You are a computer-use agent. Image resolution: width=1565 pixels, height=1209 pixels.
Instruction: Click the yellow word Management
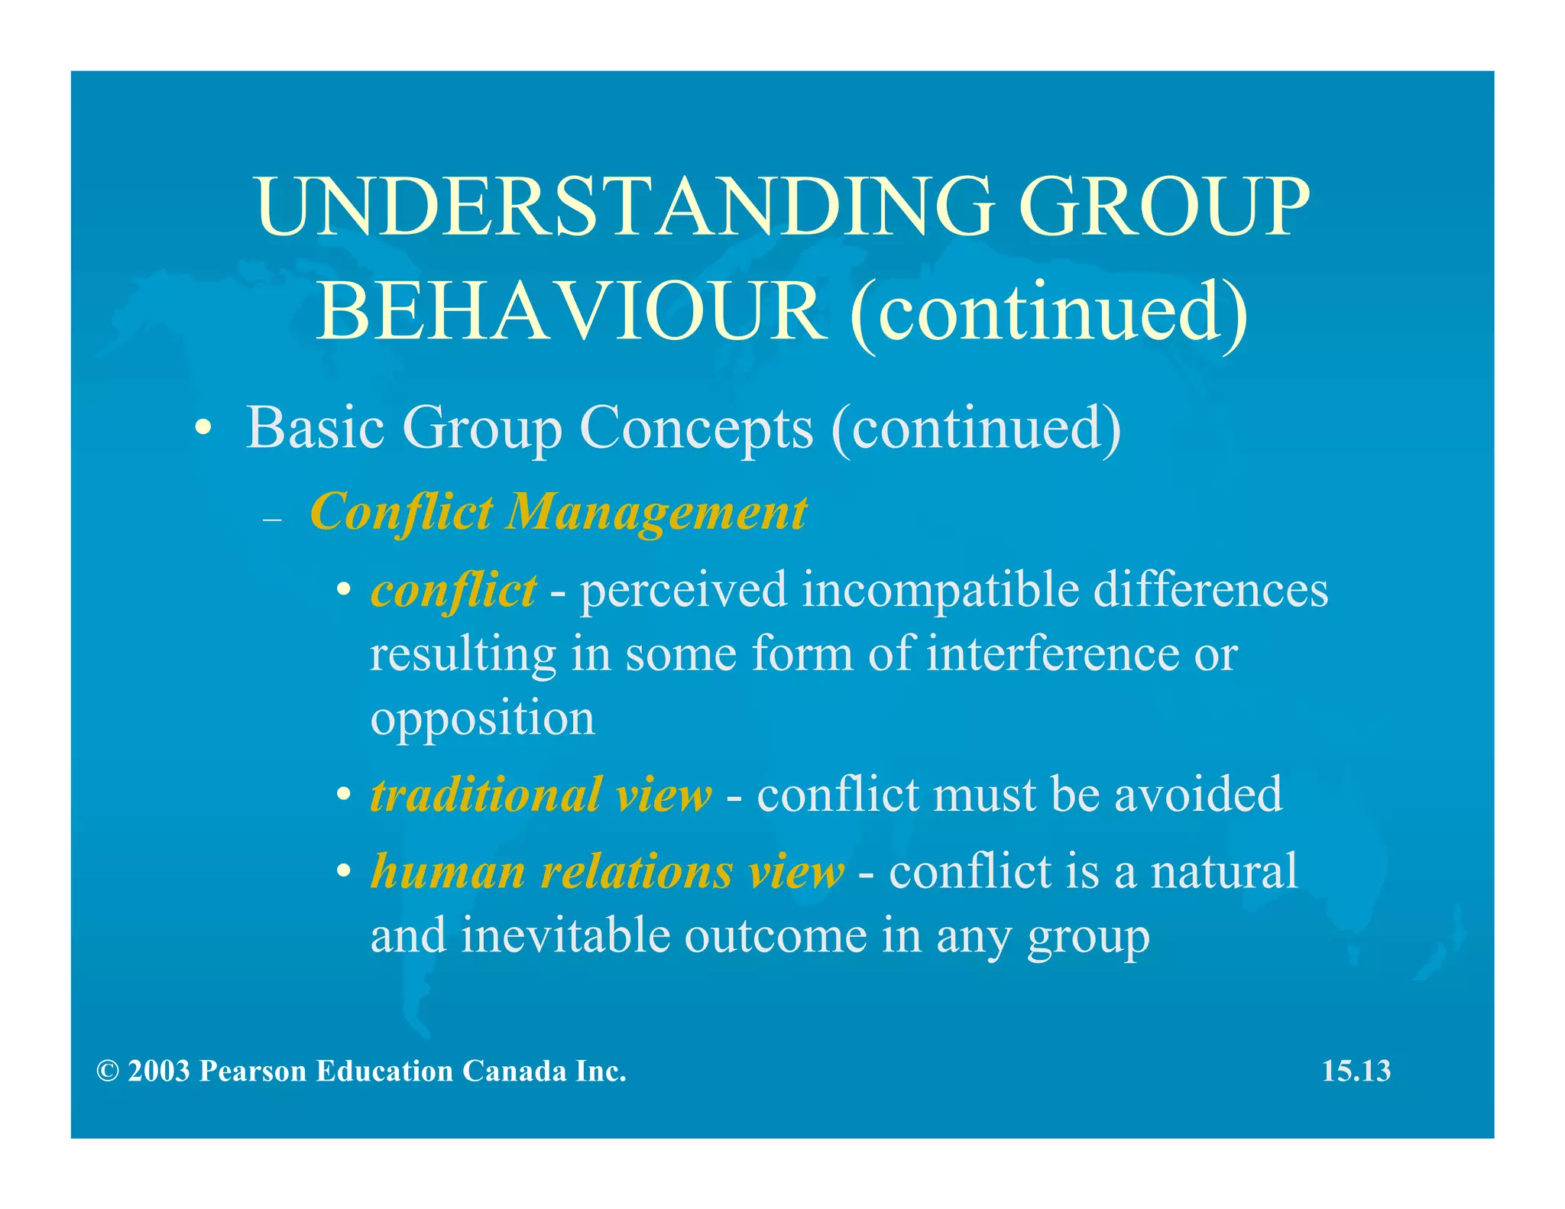pyautogui.click(x=656, y=512)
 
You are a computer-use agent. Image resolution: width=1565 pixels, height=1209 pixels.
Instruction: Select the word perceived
pyautogui.click(x=683, y=591)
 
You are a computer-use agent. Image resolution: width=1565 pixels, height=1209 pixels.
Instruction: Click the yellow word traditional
pyautogui.click(x=485, y=794)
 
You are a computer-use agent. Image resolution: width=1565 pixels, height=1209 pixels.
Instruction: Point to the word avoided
pyautogui.click(x=1197, y=794)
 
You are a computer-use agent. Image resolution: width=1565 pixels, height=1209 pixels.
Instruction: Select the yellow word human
pyautogui.click(x=448, y=871)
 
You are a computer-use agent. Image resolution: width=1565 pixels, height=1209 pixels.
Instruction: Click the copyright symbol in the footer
pyautogui.click(x=108, y=1071)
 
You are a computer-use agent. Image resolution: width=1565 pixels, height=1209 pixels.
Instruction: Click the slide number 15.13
pyautogui.click(x=1356, y=1071)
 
